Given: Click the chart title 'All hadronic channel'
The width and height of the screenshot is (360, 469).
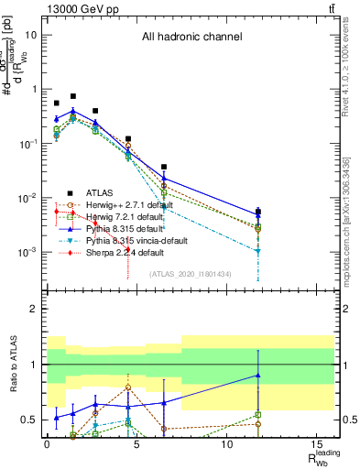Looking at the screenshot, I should (x=191, y=38).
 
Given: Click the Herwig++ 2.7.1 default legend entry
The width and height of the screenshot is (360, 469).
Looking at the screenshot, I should (x=115, y=205).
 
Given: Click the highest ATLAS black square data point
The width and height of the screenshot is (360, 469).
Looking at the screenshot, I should (x=73, y=96).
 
